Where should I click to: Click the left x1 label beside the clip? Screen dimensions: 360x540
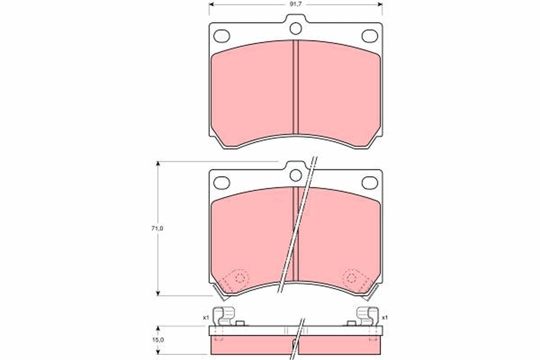tap(206, 318)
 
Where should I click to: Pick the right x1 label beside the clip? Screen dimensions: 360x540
tap(385, 318)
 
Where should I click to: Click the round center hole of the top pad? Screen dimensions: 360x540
tap(295, 29)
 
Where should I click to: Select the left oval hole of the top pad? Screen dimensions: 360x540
tap(221, 36)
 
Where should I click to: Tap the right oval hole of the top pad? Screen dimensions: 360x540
tap(370, 36)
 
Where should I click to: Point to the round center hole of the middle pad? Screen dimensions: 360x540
tap(295, 175)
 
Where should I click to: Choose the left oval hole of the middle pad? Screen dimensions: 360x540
tap(221, 182)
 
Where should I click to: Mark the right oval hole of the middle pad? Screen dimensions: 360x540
tap(370, 182)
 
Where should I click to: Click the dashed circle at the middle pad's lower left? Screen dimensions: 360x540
tap(240, 278)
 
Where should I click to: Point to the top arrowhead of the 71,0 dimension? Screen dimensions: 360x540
tap(158, 164)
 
